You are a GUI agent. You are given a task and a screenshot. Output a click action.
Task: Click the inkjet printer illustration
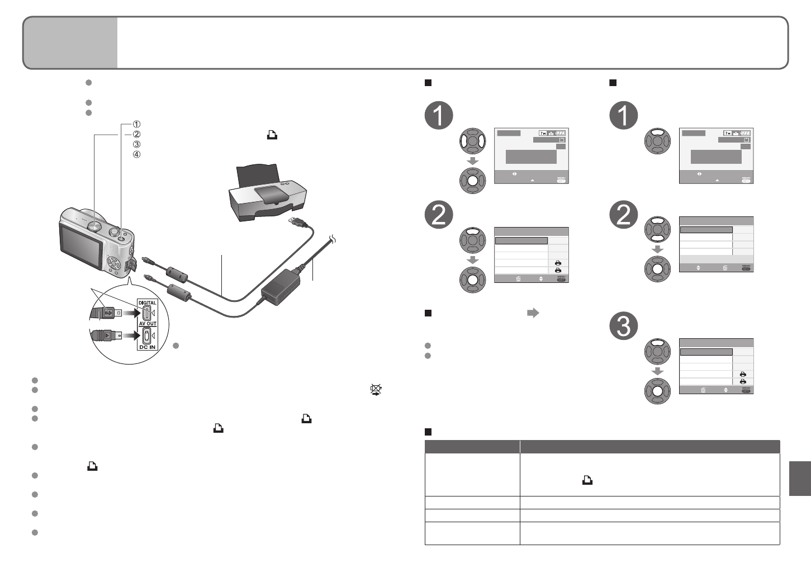(x=267, y=196)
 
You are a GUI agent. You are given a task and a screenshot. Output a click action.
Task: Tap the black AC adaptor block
(x=282, y=286)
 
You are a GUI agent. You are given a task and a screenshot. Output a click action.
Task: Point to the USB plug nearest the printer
(x=296, y=221)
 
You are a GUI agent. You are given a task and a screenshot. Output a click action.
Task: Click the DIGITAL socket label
(x=148, y=303)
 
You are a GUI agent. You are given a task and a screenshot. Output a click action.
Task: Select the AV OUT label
(x=148, y=324)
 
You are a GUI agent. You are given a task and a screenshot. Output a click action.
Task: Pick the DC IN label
(x=148, y=347)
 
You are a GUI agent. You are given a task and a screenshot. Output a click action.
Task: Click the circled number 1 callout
(x=137, y=124)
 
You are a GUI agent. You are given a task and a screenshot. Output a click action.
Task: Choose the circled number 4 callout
(x=137, y=154)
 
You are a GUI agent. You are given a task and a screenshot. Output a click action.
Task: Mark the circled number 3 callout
(x=137, y=144)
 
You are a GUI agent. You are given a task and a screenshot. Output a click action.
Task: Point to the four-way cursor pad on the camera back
(x=114, y=262)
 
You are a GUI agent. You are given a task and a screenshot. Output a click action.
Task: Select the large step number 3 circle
(x=623, y=326)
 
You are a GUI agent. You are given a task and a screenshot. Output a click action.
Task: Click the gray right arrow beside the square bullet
(x=533, y=313)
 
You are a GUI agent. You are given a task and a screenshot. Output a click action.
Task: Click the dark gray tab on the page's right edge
(x=800, y=478)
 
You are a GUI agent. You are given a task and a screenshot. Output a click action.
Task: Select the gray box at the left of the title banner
(x=70, y=42)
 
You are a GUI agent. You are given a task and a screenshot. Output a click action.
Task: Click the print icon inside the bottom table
(x=587, y=480)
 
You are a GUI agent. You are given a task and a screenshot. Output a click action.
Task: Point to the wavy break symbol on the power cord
(x=333, y=240)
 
